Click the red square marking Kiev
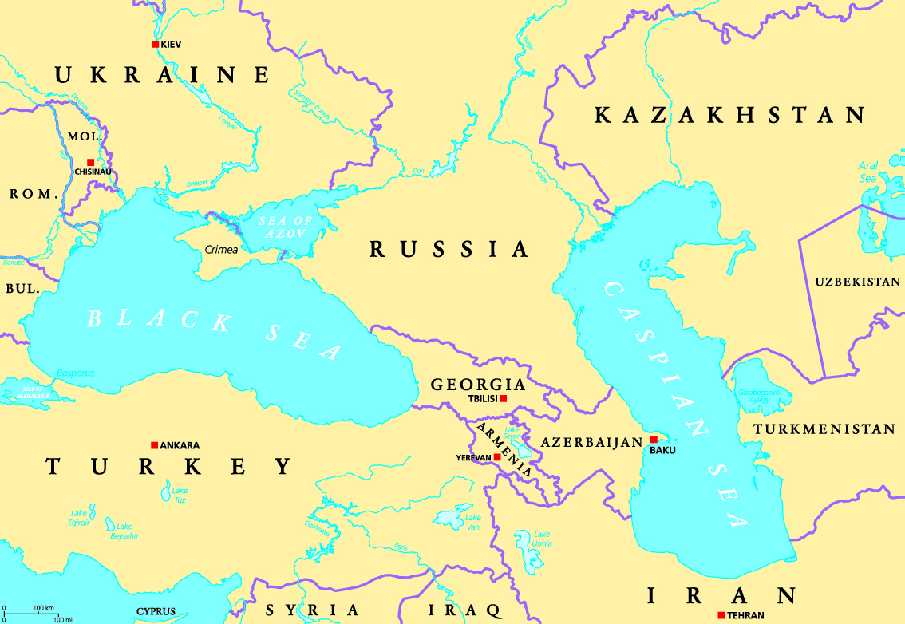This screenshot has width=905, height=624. pos(156,45)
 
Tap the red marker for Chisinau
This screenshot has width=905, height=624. pos(90,162)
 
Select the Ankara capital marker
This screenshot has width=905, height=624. pos(154,445)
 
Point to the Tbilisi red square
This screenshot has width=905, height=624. pos(503,398)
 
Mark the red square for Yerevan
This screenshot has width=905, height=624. pos(497,457)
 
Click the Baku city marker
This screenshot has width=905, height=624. pos(653,440)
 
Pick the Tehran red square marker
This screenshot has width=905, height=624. pos(721,614)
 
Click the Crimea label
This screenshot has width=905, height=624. pos(221,250)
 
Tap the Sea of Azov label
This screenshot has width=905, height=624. pos(284,227)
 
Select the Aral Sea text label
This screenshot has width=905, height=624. pos(868,172)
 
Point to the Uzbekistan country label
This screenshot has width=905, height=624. pos(857,282)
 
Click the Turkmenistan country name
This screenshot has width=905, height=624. pos(824,429)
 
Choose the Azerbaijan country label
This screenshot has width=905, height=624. pos(591,442)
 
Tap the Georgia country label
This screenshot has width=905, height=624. pos(478,385)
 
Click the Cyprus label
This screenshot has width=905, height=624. pos(156,612)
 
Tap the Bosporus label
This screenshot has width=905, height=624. pos(76,373)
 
